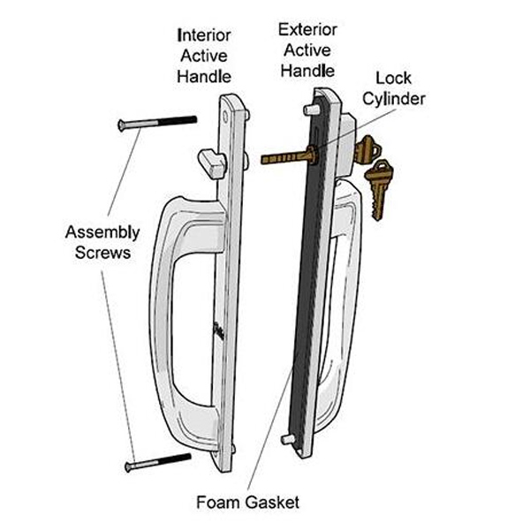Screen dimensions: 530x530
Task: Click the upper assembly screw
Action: [157, 123]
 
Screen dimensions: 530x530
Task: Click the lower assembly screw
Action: [158, 462]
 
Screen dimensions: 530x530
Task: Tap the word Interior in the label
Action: [204, 35]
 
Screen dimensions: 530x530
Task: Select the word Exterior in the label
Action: [307, 30]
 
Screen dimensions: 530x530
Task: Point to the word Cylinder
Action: [394, 99]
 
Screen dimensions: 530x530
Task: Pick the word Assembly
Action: [102, 232]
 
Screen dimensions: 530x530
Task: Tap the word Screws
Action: [102, 253]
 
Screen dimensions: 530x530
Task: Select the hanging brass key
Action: [379, 189]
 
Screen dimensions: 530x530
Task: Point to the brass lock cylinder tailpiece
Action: [289, 156]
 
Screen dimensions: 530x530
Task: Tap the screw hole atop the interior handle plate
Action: [225, 117]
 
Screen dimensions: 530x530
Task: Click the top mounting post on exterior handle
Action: [311, 110]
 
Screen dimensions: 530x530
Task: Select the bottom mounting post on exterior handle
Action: [288, 440]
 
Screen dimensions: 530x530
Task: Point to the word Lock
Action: [393, 79]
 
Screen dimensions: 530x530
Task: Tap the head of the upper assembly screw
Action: [121, 125]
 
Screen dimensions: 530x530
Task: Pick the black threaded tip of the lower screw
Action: [175, 459]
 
